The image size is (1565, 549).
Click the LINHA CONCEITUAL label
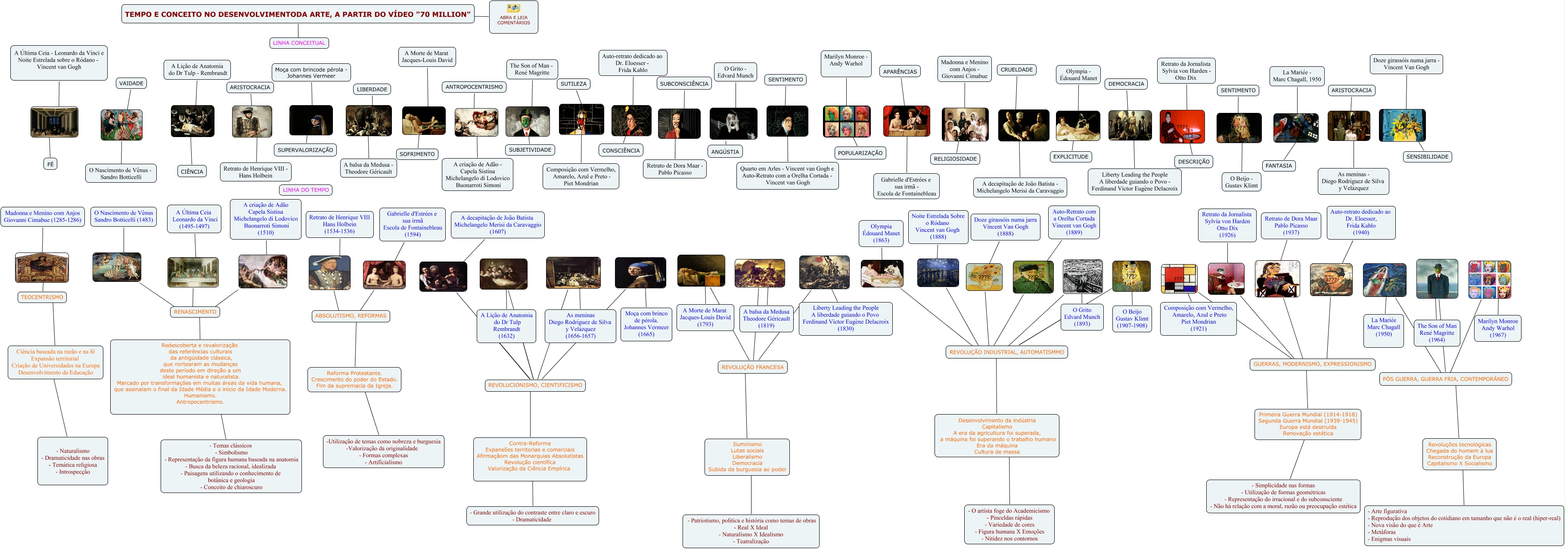(x=299, y=43)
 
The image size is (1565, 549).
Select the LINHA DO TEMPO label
(x=306, y=190)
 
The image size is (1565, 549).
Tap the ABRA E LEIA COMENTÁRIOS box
(x=513, y=17)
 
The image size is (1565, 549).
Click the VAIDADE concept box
(x=131, y=83)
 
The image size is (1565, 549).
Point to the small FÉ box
(x=50, y=164)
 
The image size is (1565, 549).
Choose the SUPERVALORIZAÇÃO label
(x=306, y=150)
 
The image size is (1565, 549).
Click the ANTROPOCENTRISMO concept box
(x=474, y=87)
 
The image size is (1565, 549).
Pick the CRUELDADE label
(x=1016, y=70)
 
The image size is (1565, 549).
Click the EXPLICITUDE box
(x=1071, y=157)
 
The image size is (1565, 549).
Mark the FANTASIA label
(x=1278, y=165)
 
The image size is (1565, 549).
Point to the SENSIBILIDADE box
(x=1427, y=157)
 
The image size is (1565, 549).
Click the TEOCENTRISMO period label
(x=42, y=297)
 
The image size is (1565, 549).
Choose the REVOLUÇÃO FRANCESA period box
(x=752, y=367)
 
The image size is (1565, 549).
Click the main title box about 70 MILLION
(x=298, y=14)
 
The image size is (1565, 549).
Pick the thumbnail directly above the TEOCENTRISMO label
(x=42, y=268)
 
